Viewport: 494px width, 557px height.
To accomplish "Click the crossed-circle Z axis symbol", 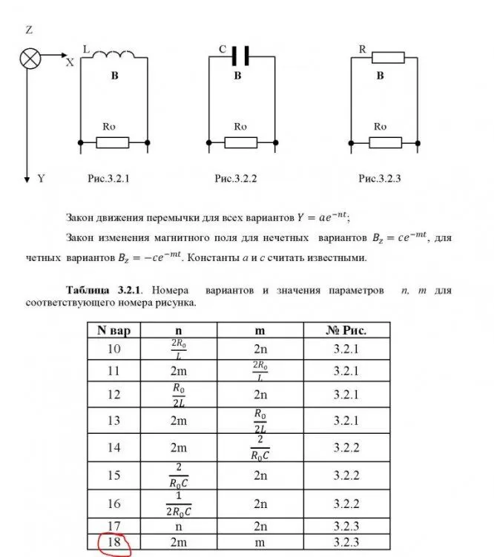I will [x=30, y=59].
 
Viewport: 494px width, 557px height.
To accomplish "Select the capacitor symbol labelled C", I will [x=239, y=55].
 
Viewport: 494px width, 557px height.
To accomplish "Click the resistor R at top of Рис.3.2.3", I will [x=388, y=57].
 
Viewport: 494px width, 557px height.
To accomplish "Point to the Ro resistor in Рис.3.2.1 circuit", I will [x=113, y=142].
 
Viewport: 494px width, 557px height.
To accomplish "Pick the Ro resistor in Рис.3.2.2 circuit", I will [x=240, y=142].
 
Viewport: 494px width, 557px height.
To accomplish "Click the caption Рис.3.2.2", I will [x=235, y=179].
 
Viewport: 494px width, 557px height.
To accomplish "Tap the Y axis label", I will [x=41, y=179].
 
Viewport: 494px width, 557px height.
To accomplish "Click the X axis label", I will [x=69, y=63].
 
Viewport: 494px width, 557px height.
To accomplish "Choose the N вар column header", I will [x=114, y=329].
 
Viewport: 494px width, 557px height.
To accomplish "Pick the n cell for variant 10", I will [x=178, y=349].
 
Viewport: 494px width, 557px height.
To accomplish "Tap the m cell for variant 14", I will [x=260, y=447].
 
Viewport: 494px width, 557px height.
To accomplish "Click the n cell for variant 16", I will [x=178, y=504].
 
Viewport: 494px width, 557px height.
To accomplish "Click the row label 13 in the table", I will [x=114, y=421].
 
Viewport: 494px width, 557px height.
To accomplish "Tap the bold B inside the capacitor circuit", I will [x=238, y=76].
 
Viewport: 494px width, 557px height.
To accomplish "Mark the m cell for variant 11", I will [x=260, y=371].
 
